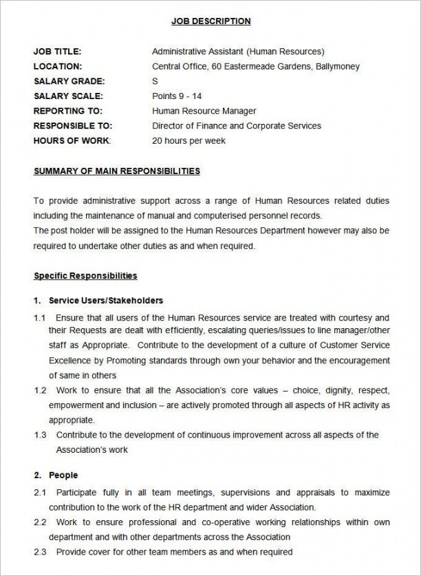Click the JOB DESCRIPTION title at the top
[x=210, y=21]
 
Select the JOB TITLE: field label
[x=57, y=52]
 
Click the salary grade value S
[x=155, y=81]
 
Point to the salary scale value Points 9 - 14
[x=177, y=96]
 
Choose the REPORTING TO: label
[x=67, y=111]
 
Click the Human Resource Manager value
[x=204, y=111]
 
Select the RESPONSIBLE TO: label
[x=72, y=126]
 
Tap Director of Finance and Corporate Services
[x=236, y=126]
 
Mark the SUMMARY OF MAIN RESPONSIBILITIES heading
[x=117, y=171]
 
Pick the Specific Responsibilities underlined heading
[x=85, y=276]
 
